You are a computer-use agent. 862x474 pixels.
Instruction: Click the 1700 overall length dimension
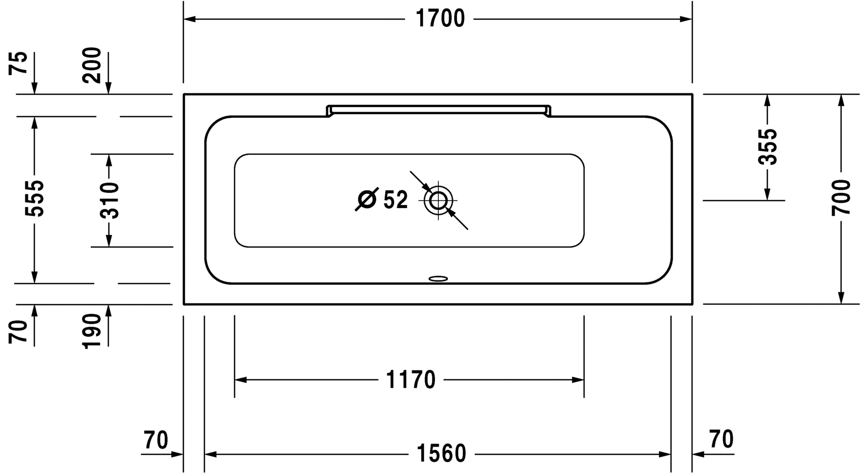click(440, 19)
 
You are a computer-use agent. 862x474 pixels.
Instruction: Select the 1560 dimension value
click(441, 454)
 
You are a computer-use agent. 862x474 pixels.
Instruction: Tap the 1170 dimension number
click(410, 380)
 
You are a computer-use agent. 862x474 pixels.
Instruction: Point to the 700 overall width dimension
click(841, 197)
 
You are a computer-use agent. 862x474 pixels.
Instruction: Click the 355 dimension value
click(768, 147)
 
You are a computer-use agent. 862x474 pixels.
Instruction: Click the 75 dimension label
click(19, 63)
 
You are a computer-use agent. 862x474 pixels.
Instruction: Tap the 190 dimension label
click(93, 331)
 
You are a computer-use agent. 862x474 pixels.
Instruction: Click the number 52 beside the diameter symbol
click(395, 200)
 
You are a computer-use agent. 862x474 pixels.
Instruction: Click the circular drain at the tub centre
click(438, 200)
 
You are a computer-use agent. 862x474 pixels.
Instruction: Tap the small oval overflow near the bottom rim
click(438, 278)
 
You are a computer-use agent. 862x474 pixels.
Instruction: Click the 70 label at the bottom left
click(156, 440)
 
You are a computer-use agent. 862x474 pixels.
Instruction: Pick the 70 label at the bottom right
click(721, 439)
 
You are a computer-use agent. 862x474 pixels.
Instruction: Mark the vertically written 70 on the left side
click(19, 332)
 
